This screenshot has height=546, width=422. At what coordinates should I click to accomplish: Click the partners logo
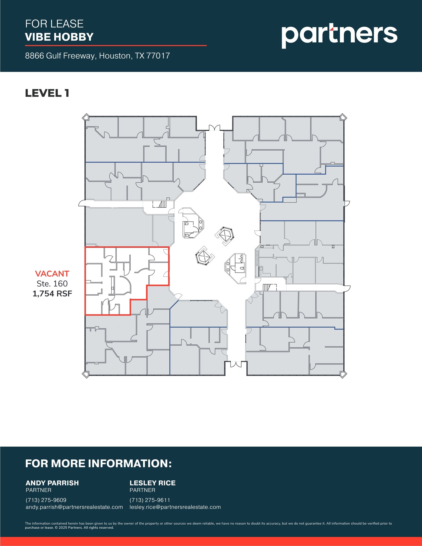tap(339, 36)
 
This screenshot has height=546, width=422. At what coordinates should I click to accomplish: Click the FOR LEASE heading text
tap(54, 24)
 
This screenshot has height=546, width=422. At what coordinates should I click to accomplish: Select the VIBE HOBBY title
tap(59, 37)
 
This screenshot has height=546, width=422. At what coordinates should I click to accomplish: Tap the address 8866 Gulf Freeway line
tap(97, 56)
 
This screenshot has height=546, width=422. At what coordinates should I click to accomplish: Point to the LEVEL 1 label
tap(47, 93)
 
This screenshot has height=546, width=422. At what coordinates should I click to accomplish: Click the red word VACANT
tap(52, 274)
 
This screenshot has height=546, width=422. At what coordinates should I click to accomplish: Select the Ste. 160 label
tap(52, 283)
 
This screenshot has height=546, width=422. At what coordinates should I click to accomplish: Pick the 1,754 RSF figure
tap(52, 294)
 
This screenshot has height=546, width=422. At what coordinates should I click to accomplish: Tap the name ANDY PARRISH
tap(52, 483)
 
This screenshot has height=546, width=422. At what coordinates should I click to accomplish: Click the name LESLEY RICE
tap(152, 483)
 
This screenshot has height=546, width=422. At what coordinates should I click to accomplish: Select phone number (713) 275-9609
tap(46, 500)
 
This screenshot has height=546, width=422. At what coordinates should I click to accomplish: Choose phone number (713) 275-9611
tap(150, 500)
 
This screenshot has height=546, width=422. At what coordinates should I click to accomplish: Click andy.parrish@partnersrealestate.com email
tap(74, 507)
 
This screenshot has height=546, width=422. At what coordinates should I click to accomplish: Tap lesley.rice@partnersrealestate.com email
tap(175, 507)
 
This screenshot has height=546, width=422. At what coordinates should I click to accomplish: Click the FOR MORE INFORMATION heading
tap(98, 463)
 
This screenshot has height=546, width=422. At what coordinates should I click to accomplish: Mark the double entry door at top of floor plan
tap(214, 128)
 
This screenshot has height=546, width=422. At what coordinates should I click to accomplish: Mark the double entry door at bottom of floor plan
tap(236, 364)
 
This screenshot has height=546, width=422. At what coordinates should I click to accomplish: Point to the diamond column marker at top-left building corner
tap(86, 117)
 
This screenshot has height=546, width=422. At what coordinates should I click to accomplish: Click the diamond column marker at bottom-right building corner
tap(343, 375)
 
